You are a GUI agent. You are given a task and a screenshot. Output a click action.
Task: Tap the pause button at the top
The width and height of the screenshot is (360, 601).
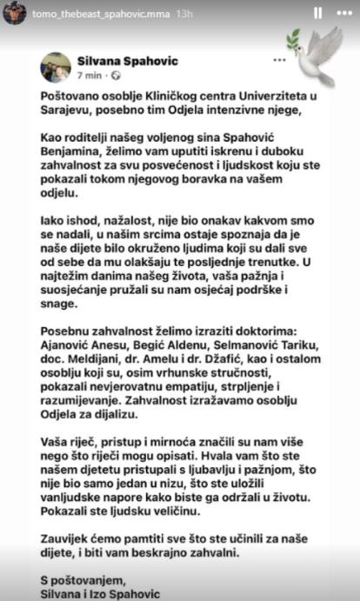pos(317,14)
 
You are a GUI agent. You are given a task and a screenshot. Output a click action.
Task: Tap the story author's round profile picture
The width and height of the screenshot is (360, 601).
pos(14,13)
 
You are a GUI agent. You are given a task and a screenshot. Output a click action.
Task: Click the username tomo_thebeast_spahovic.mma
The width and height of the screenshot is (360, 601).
pos(89,14)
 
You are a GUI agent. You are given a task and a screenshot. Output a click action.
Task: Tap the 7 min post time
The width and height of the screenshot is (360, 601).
pos(88,76)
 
